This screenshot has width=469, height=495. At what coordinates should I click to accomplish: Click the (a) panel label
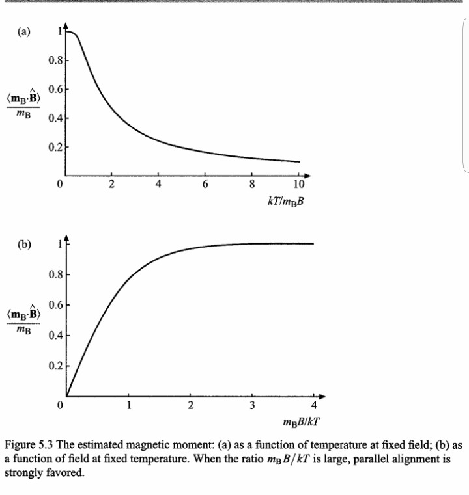tap(23, 31)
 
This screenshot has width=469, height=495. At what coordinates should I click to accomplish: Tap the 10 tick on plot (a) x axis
tap(299, 184)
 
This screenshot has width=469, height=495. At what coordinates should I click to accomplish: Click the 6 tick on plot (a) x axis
tap(205, 184)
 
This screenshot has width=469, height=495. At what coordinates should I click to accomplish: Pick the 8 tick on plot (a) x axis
tap(252, 184)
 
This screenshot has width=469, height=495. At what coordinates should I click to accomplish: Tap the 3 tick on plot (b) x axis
tap(252, 407)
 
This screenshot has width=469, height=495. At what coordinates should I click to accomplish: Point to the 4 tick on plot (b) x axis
tap(313, 407)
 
